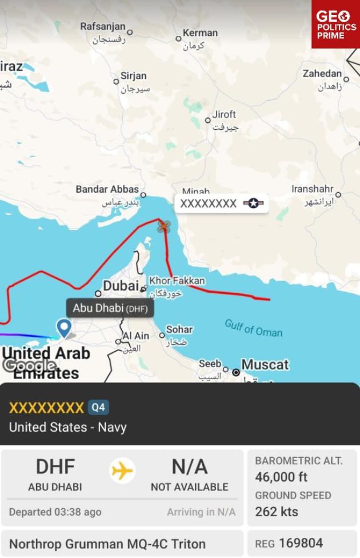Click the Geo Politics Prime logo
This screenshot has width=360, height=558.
[335, 25]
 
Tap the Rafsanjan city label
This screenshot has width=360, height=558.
[102, 27]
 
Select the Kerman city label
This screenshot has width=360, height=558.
[200, 33]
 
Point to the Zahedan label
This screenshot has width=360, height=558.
[322, 74]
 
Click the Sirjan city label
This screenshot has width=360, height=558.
[134, 76]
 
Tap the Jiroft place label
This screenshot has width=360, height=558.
[224, 114]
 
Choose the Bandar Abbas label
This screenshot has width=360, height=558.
[107, 189]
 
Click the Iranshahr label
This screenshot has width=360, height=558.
[312, 189]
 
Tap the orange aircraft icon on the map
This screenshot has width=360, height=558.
[164, 226]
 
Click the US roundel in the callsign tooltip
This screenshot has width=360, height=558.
[253, 204]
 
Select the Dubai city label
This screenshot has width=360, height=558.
[121, 285]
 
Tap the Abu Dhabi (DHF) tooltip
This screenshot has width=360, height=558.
[110, 309]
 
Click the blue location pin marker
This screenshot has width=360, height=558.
[64, 328]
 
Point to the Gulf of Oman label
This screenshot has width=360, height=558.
[253, 328]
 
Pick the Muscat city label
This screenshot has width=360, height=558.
[265, 364]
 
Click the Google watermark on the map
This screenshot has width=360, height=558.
[29, 365]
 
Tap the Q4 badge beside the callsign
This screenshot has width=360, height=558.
[98, 408]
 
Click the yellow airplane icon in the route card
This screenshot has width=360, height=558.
[122, 472]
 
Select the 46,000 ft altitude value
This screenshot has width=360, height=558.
[281, 477]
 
